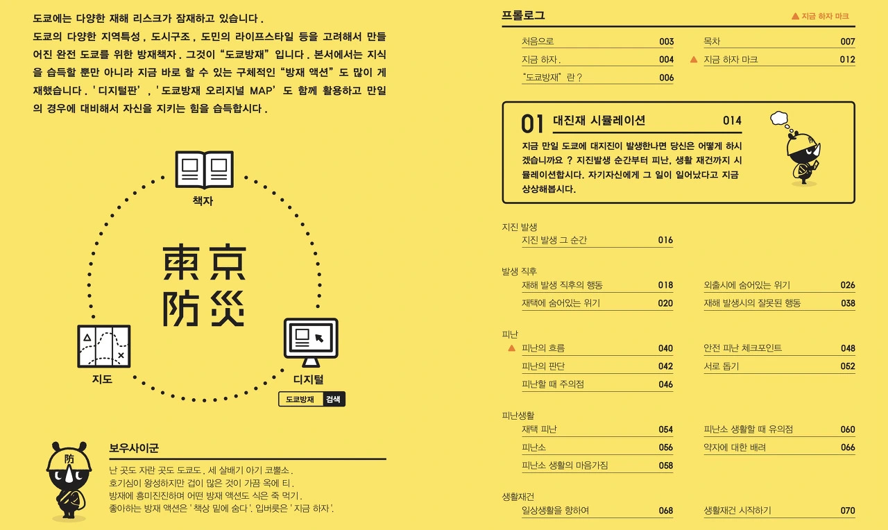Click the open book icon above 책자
[204, 170]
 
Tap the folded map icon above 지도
[104, 346]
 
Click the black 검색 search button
[334, 399]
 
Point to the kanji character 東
[181, 262]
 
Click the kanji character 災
[227, 309]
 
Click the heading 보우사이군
[134, 448]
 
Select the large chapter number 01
[532, 123]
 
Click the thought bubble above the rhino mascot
[779, 118]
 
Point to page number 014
[732, 121]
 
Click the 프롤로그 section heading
[523, 15]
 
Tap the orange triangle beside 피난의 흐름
[511, 348]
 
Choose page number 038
[848, 303]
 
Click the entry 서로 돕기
[721, 366]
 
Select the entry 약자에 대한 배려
[735, 447]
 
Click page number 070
[848, 511]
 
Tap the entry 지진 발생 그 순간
[554, 240]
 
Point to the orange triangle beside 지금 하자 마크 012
[693, 60]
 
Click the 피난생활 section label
[518, 416]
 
